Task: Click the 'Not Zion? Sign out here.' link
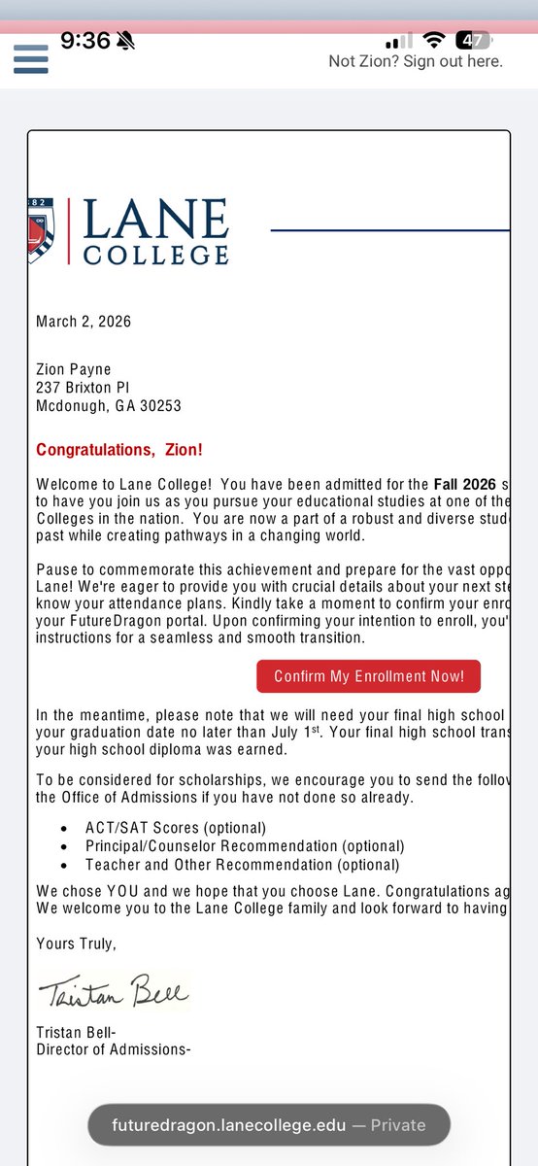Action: click(x=416, y=61)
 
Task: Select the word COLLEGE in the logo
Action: click(x=155, y=255)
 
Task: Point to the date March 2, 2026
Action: click(x=84, y=322)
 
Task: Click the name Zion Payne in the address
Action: click(x=74, y=369)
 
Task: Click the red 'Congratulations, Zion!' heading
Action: click(x=119, y=451)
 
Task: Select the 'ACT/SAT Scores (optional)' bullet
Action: click(x=175, y=828)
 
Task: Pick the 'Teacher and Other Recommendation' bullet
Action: click(x=242, y=865)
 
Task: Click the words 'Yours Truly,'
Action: click(x=76, y=943)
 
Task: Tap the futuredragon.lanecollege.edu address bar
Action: click(x=269, y=1125)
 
